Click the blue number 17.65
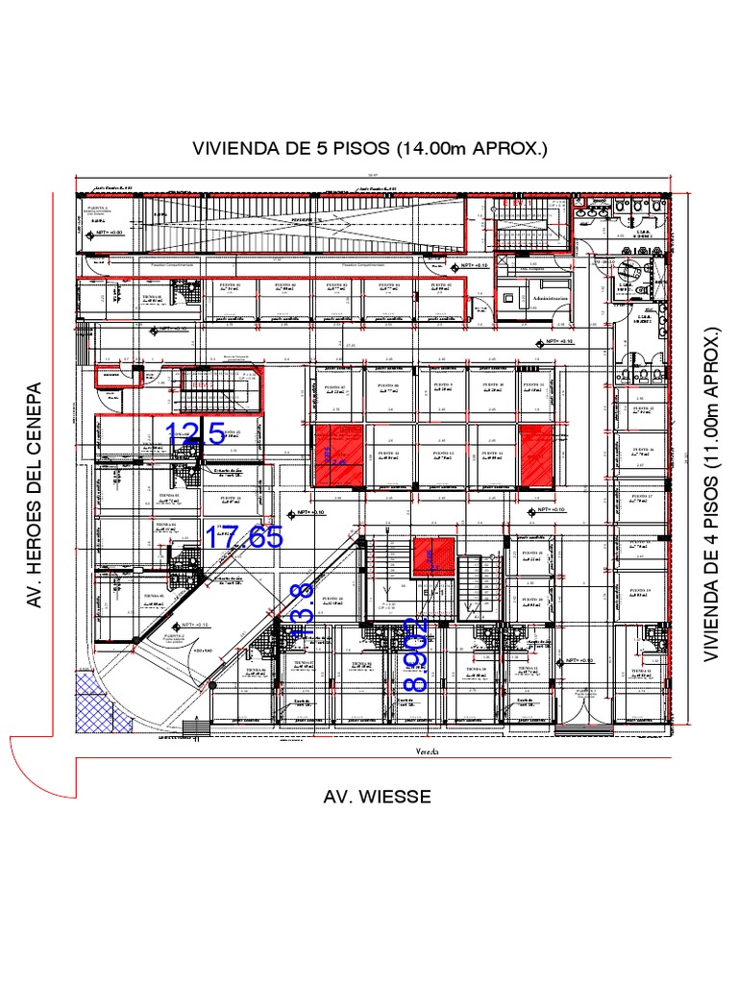click(245, 537)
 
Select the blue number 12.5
click(196, 434)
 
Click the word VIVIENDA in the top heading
click(235, 149)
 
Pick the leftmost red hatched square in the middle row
click(337, 455)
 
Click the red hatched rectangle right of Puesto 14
click(538, 455)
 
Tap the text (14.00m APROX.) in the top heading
click(471, 149)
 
